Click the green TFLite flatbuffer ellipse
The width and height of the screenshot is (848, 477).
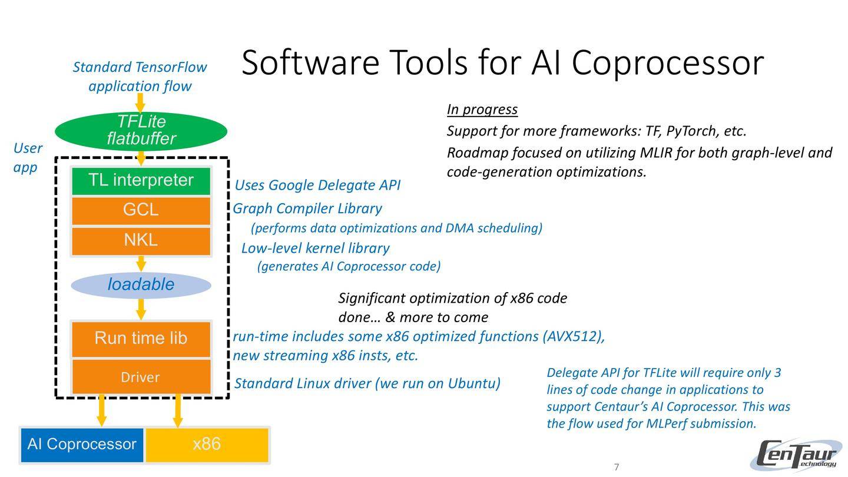141,130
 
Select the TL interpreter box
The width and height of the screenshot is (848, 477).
141,181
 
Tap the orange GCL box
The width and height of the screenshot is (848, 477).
141,210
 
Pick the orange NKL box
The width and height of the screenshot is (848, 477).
141,240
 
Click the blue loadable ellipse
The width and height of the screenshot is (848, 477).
141,285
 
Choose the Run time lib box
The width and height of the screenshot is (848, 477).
141,338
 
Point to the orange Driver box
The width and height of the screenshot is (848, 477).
141,377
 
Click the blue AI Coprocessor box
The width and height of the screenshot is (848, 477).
82,445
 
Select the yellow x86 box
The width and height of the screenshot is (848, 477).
207,445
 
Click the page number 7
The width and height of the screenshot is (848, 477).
617,468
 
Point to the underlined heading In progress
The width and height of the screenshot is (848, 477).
482,110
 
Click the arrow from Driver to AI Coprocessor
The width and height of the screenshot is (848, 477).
102,410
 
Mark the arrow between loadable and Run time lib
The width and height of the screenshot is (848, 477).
141,309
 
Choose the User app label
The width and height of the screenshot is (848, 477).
27,157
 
